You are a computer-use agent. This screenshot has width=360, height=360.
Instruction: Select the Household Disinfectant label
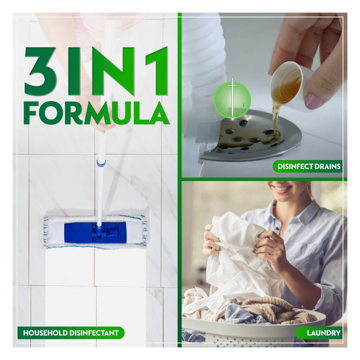(x=71, y=333)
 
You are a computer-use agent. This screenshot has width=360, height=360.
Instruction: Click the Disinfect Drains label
(x=308, y=166)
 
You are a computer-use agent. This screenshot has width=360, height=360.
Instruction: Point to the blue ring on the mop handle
(x=101, y=163)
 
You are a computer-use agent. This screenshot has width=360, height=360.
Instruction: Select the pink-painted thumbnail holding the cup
(x=314, y=102)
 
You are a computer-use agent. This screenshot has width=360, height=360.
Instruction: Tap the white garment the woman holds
(x=234, y=257)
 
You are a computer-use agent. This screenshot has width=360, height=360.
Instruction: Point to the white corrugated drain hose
(x=204, y=64)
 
